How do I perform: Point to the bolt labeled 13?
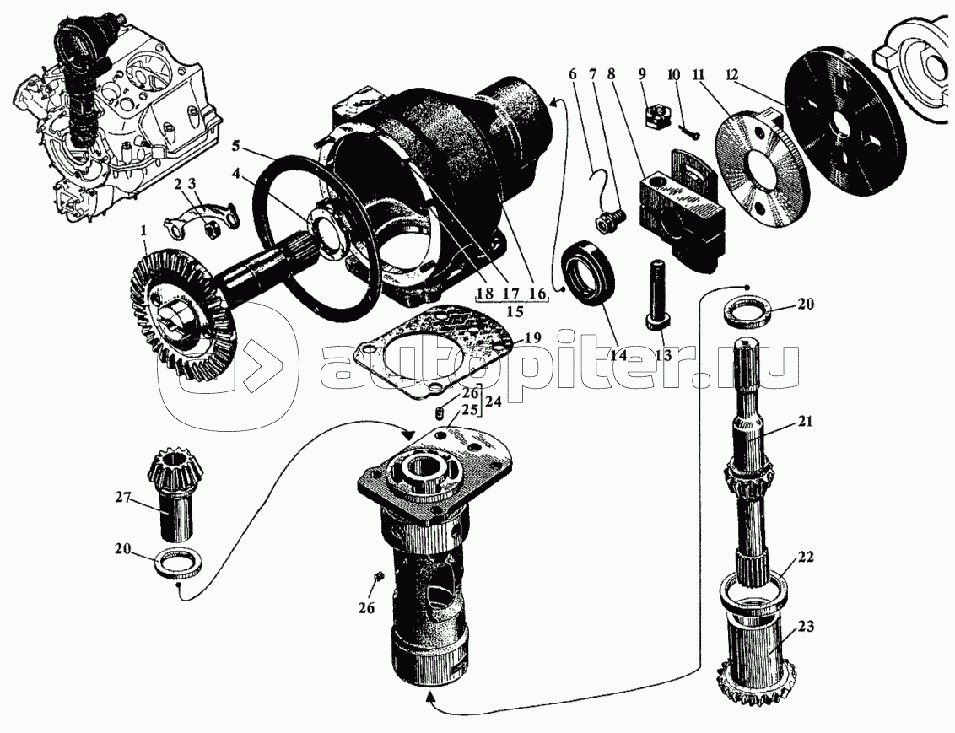coord(657,295)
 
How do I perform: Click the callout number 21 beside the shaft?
coord(805,423)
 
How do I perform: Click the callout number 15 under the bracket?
coord(510,311)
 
